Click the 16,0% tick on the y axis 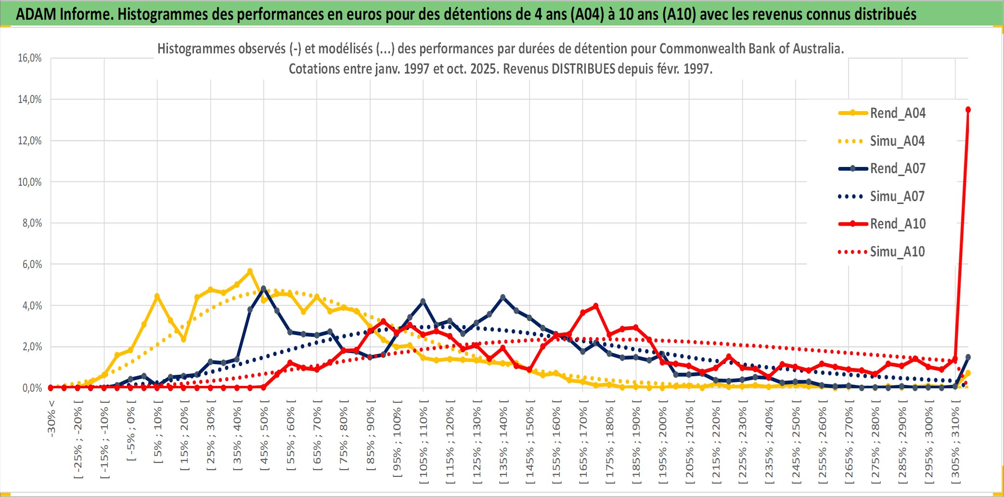coord(30,58)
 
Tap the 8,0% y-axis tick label coord(32,223)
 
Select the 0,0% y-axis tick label coord(32,388)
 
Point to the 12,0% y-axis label coord(30,141)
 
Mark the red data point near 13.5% coord(968,110)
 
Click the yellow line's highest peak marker coord(250,271)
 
